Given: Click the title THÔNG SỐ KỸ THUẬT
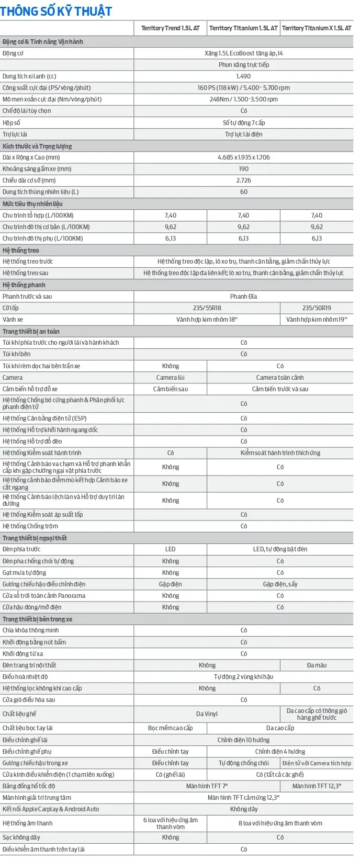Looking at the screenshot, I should (x=56, y=10).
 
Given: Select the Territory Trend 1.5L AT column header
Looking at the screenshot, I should (x=170, y=28).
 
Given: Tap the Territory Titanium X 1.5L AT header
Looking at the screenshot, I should (x=317, y=28).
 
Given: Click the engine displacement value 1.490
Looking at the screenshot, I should (x=243, y=76).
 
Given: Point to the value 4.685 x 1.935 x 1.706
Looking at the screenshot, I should (x=243, y=157).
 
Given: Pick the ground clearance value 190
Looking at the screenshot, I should (x=243, y=169).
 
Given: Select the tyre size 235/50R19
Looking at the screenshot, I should (x=317, y=308).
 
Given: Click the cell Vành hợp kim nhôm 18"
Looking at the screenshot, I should (x=207, y=320).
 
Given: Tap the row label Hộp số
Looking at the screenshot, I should (x=12, y=123).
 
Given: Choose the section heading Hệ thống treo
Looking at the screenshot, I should (x=20, y=251).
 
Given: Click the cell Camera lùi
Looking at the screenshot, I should (x=170, y=378).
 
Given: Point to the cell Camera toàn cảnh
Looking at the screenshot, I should (x=280, y=378).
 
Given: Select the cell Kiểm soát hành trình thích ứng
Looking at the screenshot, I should (x=280, y=453).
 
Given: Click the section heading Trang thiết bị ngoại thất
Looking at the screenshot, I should (x=35, y=538).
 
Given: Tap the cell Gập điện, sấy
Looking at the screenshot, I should (x=280, y=584).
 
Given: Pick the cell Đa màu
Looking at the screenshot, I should (x=317, y=665).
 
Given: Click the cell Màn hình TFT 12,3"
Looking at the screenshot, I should (x=317, y=786).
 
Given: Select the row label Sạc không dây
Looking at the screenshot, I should (x=21, y=837).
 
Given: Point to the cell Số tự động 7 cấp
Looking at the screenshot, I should (x=243, y=123).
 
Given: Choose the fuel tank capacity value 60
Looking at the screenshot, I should (x=243, y=192).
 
